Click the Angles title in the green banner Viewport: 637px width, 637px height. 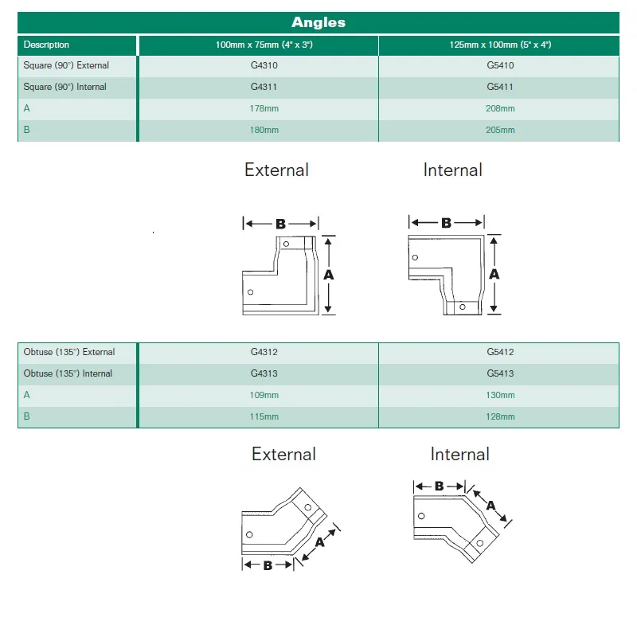(318, 22)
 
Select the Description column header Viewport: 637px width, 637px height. (46, 45)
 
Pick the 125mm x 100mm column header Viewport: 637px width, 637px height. (500, 45)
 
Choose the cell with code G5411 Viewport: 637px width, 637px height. (500, 87)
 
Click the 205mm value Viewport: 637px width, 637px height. (500, 130)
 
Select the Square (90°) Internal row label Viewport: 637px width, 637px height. (65, 87)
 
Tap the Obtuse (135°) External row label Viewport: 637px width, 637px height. (69, 352)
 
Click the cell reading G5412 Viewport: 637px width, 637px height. (500, 352)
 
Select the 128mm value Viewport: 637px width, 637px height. (500, 416)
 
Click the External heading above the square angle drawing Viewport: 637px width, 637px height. (276, 170)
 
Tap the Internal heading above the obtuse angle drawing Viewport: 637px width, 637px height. (459, 455)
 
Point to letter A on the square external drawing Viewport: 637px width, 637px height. (328, 274)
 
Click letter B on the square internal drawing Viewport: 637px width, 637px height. (446, 224)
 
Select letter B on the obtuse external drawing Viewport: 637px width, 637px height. (268, 565)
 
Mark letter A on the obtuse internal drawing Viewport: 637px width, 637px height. (490, 506)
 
